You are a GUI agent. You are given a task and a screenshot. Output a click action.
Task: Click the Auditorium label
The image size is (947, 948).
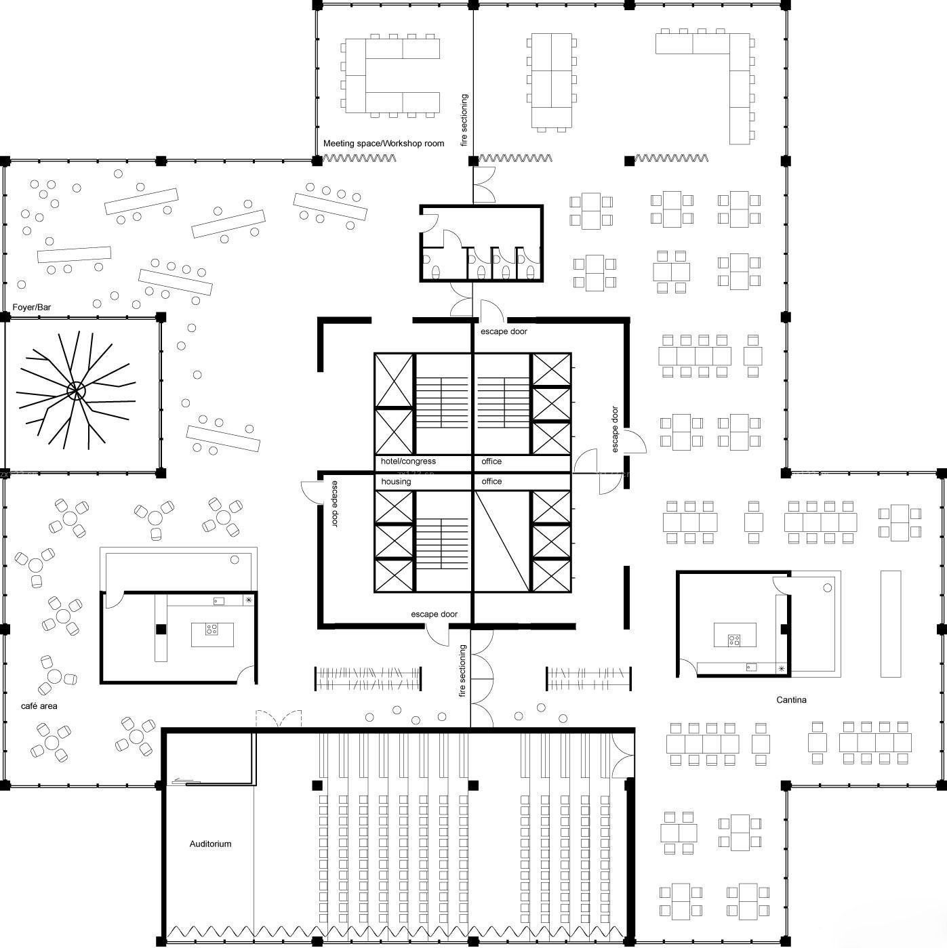(x=210, y=844)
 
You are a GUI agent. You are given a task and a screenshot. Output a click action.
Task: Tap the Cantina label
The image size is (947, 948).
(x=791, y=699)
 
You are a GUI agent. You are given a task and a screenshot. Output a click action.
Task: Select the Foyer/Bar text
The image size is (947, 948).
(x=31, y=307)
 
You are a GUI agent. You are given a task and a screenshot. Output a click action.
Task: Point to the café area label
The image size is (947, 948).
(x=39, y=706)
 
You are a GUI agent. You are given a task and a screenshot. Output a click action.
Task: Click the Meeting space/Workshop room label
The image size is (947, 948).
(x=384, y=143)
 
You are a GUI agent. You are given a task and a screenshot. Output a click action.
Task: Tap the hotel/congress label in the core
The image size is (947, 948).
(x=408, y=461)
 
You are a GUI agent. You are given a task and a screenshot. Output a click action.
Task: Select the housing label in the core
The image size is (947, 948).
(x=396, y=481)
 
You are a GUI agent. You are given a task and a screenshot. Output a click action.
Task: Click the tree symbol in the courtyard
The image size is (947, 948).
(x=76, y=391)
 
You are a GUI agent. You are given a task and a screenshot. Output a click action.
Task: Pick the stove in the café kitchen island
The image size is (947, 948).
(x=211, y=630)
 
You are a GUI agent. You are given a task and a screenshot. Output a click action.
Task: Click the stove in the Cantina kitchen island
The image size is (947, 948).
(x=734, y=640)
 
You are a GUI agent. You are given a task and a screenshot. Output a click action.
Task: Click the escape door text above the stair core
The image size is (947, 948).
(x=504, y=331)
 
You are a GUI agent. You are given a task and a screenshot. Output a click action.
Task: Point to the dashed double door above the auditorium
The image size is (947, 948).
(x=279, y=718)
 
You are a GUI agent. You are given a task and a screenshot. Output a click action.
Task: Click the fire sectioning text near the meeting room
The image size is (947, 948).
(x=464, y=120)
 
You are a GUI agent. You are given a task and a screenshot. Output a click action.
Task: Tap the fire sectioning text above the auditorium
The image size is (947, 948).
(x=462, y=671)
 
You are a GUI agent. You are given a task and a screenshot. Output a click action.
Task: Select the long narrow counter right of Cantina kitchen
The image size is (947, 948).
(x=890, y=624)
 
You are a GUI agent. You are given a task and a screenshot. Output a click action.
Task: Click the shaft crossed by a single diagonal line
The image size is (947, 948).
(x=502, y=541)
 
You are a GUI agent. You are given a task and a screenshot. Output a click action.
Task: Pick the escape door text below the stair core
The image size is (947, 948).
(x=434, y=614)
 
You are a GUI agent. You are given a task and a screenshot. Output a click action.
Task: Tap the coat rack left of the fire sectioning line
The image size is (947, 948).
(x=368, y=679)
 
